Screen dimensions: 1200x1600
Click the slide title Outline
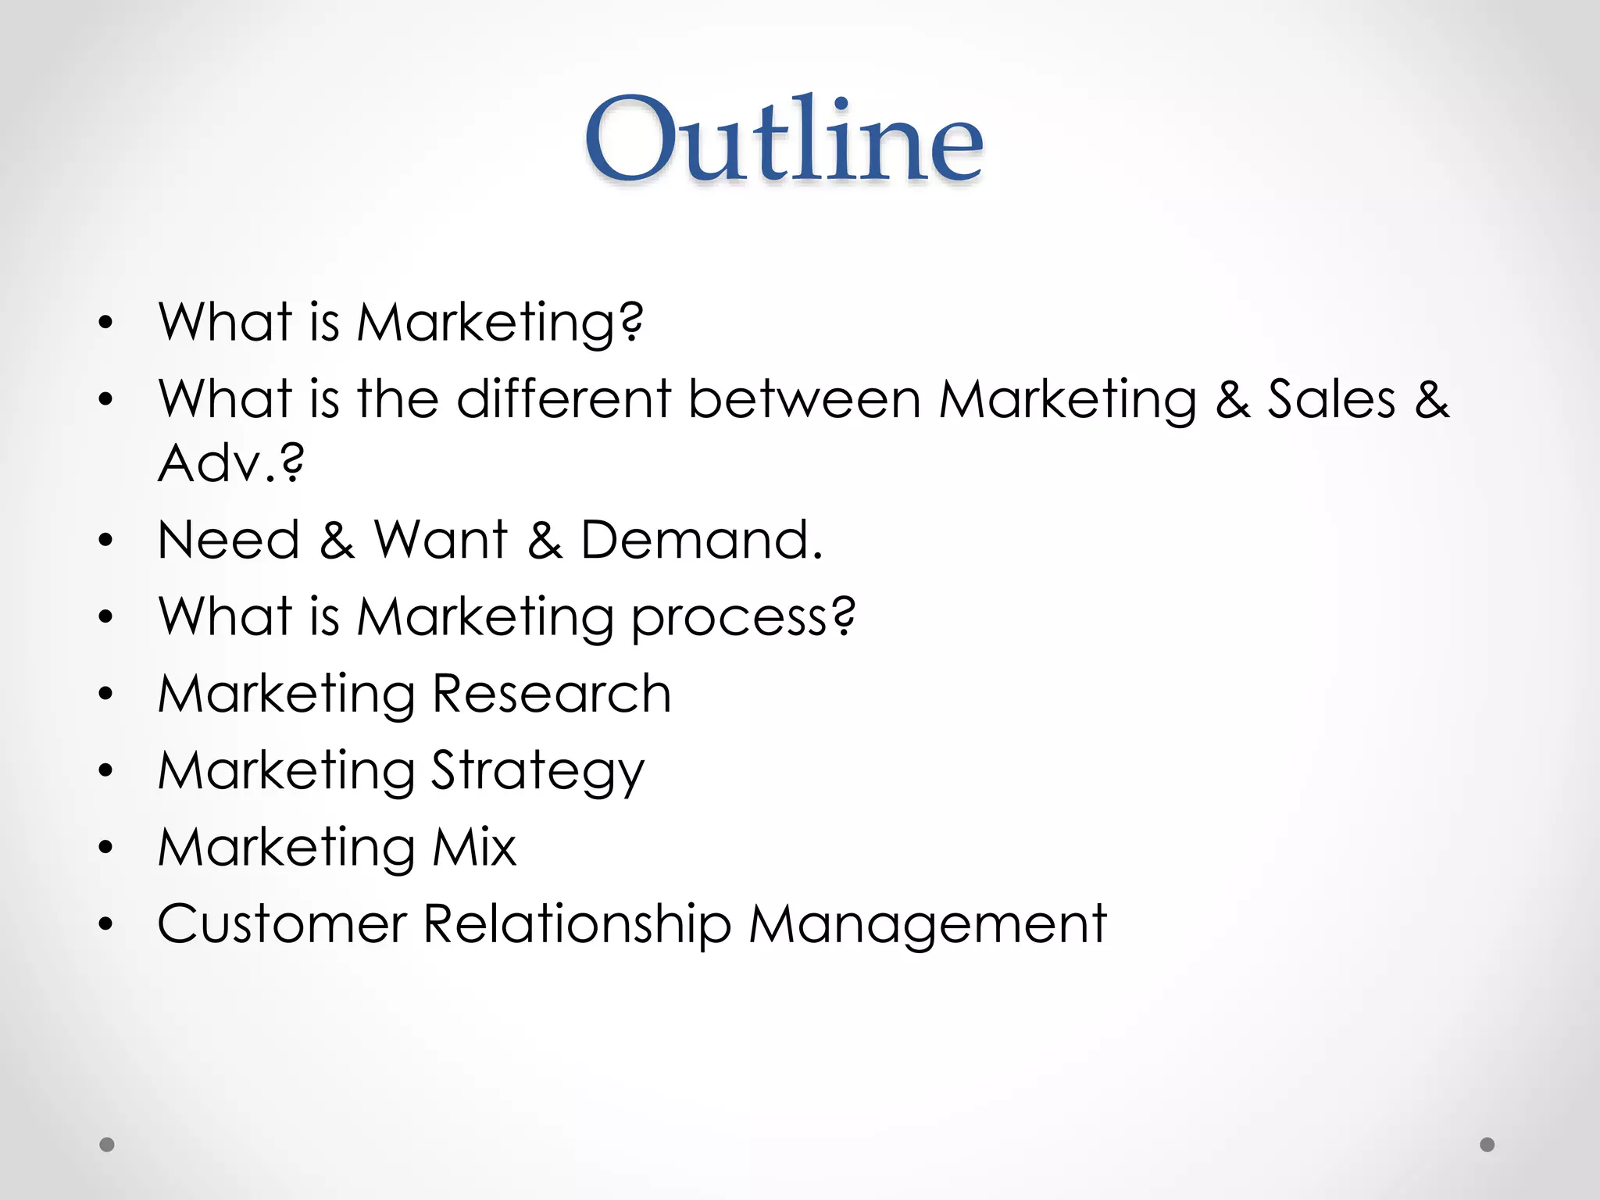[x=784, y=141]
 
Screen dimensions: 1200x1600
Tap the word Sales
[x=1330, y=400]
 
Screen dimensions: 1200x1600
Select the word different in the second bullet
[x=563, y=400]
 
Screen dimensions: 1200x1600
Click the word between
[x=805, y=400]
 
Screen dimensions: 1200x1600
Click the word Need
[x=229, y=540]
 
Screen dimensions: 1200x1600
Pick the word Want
[x=441, y=540]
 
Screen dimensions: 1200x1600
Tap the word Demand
[x=701, y=540]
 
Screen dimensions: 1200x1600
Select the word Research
[x=552, y=694]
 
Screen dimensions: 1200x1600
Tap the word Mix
[x=474, y=847]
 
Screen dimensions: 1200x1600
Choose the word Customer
[x=282, y=924]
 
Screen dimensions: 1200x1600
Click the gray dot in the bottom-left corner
[x=107, y=1145]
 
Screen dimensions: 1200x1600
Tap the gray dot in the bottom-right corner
[x=1487, y=1145]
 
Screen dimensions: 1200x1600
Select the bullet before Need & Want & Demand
[x=106, y=541]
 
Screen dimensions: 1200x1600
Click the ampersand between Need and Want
[x=337, y=540]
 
